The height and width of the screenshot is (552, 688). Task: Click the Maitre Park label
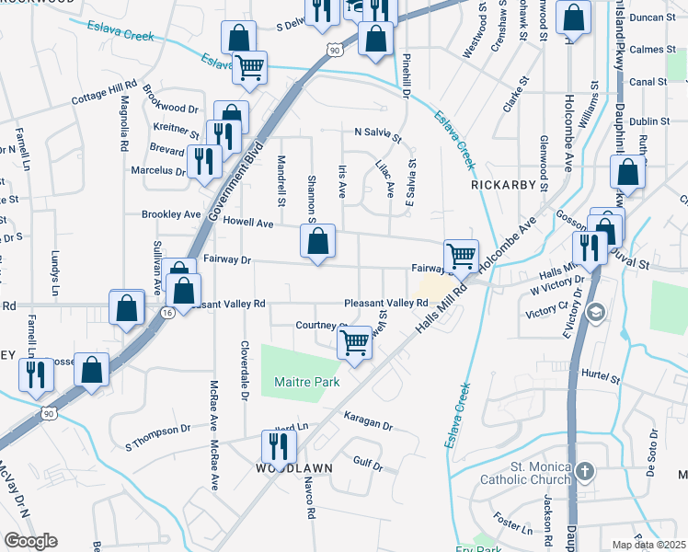point(307,382)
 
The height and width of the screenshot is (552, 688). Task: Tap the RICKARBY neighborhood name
point(503,185)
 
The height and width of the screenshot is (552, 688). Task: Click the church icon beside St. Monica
point(586,472)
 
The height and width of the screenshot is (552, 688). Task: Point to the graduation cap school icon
point(595,313)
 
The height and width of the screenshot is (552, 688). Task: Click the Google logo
point(30,541)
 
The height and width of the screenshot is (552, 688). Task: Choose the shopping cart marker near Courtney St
point(355,342)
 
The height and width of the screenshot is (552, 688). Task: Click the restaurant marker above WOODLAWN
point(275,446)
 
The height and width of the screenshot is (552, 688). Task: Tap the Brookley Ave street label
point(171,214)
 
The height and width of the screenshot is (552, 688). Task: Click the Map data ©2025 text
point(649,545)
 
